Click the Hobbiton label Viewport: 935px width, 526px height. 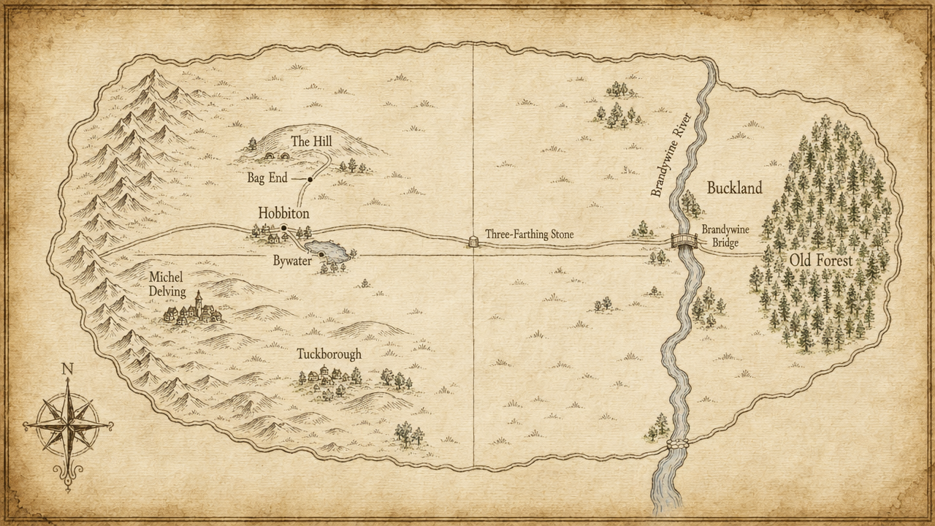tap(283, 213)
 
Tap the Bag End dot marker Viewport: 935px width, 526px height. tap(310, 179)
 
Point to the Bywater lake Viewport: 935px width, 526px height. tap(329, 251)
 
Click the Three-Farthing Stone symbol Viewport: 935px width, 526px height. tap(473, 240)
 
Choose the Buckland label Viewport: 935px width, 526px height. tap(734, 188)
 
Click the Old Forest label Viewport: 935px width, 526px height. tap(820, 260)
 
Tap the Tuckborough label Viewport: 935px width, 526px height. tap(329, 354)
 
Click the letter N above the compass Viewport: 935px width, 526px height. tap(68, 369)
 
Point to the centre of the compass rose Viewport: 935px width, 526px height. tap(68, 424)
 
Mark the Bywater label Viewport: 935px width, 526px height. tap(292, 260)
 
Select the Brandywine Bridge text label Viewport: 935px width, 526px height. tap(725, 234)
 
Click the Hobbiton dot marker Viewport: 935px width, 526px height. tap(284, 229)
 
